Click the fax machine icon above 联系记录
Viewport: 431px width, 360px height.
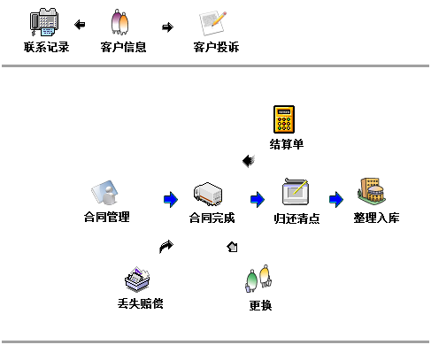(x=46, y=21)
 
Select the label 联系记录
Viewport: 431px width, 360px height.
(x=47, y=47)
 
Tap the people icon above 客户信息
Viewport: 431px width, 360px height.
(x=122, y=22)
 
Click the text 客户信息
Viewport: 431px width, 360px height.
(x=124, y=47)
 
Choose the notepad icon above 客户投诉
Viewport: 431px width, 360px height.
(x=213, y=22)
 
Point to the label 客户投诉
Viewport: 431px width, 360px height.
(x=216, y=47)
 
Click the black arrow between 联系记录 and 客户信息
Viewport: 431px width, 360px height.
(x=80, y=25)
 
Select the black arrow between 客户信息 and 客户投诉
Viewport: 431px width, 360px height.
(x=167, y=26)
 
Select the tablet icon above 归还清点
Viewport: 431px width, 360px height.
(x=296, y=192)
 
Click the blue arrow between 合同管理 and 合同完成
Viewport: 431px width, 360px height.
(x=171, y=199)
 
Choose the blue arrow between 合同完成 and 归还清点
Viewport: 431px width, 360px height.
(x=257, y=199)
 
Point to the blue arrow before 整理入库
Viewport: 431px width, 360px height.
(x=335, y=199)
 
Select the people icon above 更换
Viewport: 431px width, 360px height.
(x=258, y=280)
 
